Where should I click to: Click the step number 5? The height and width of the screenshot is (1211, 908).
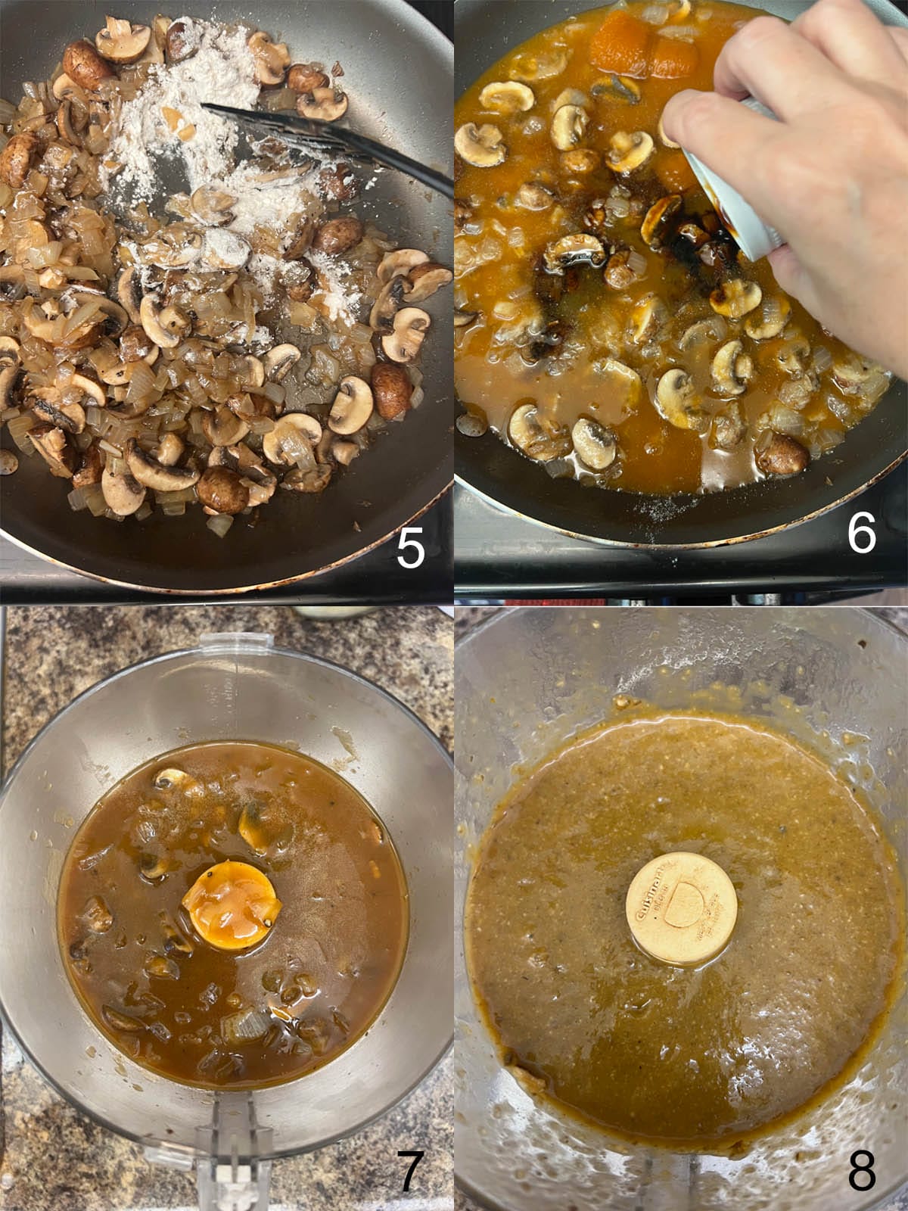coord(410,550)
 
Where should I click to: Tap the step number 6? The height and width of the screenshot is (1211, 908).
coord(861,533)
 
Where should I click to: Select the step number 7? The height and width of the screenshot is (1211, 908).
coord(409,1171)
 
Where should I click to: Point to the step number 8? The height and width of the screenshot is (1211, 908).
coord(861,1172)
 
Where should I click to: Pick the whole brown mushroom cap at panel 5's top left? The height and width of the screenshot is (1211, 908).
coord(87,64)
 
